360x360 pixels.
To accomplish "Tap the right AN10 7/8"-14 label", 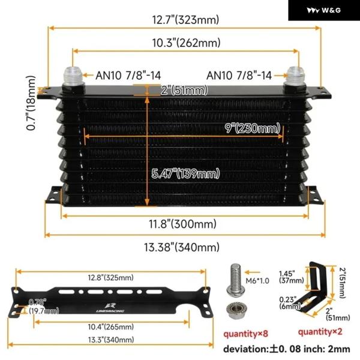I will coord(239,75).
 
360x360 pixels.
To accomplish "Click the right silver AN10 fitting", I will coord(295,76).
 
